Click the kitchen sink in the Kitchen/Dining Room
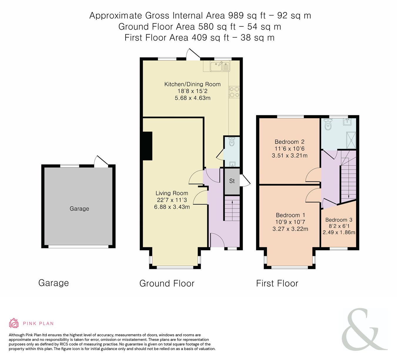pyautogui.click(x=220, y=66)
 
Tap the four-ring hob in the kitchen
pyautogui.click(x=234, y=92)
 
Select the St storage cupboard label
pyautogui.click(x=232, y=181)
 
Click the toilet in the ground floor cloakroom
pyautogui.click(x=231, y=141)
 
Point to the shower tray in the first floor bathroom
pyautogui.click(x=351, y=140)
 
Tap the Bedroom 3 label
pyautogui.click(x=339, y=220)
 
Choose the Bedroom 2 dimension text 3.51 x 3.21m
pyautogui.click(x=290, y=156)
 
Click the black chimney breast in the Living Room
pyautogui.click(x=147, y=146)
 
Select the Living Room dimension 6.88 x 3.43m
pyautogui.click(x=172, y=207)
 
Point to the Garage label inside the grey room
pyautogui.click(x=79, y=209)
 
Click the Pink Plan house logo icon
pyautogui.click(x=14, y=323)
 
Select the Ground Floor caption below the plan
pyautogui.click(x=167, y=284)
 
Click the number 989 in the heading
pyautogui.click(x=236, y=16)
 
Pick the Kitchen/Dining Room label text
pyautogui.click(x=192, y=84)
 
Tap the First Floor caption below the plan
pyautogui.click(x=277, y=283)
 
